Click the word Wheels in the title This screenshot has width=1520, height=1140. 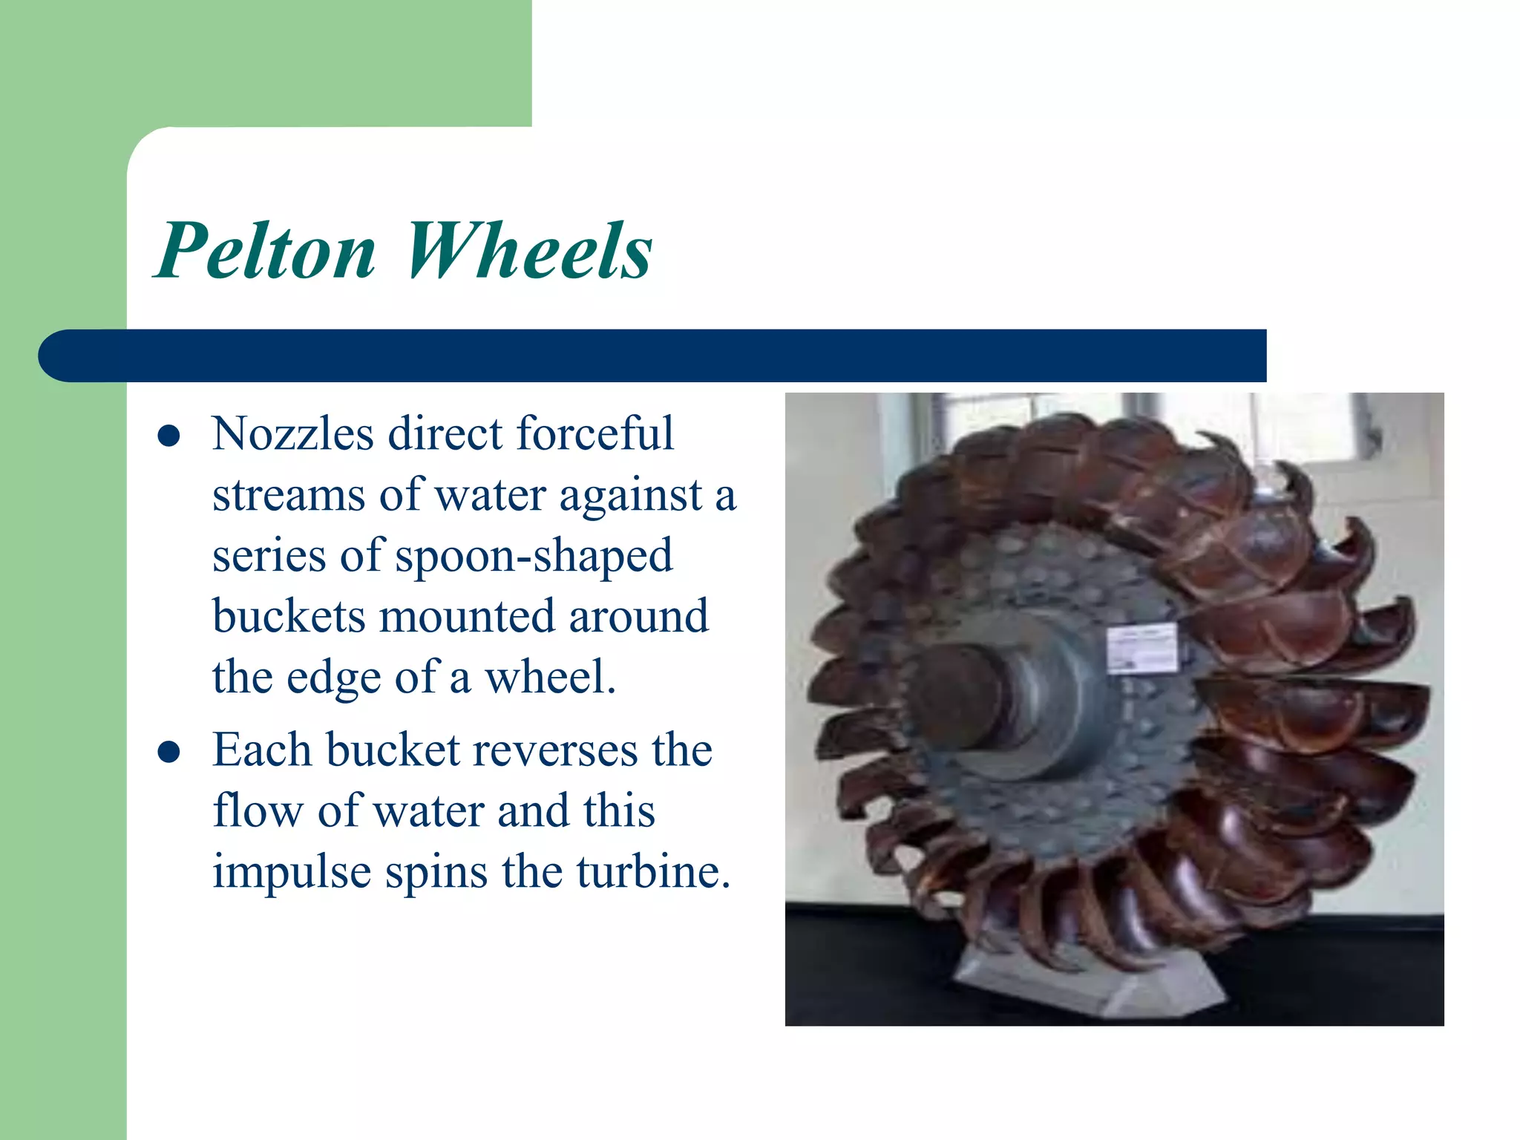[x=528, y=251]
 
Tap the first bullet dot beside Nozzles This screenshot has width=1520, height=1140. [x=169, y=436]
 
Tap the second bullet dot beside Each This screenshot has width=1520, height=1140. [x=169, y=753]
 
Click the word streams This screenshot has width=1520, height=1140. [x=288, y=496]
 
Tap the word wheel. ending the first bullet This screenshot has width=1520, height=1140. [x=550, y=678]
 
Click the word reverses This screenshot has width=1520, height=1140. [x=555, y=750]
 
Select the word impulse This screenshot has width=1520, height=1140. [x=291, y=873]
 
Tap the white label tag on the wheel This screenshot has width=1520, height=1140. [x=1141, y=647]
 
